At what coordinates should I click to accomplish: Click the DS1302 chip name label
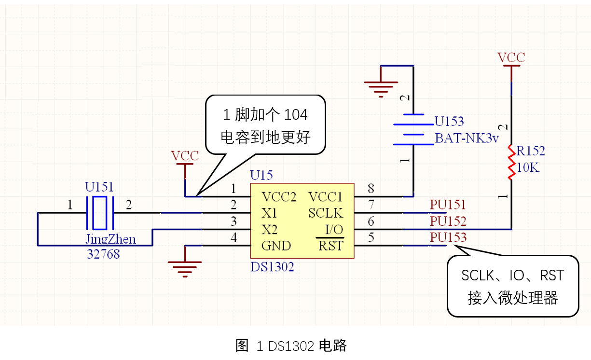[x=272, y=266]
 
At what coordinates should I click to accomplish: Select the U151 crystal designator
[x=100, y=187]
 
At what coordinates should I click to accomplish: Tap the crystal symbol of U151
[x=99, y=213]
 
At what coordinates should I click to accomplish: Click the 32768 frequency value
[x=103, y=253]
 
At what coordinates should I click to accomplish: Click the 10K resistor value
[x=528, y=168]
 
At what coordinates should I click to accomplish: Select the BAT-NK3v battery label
[x=467, y=138]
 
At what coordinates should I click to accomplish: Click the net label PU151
[x=448, y=205]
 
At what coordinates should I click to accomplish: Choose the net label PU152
[x=448, y=221]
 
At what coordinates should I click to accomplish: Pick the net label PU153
[x=448, y=237]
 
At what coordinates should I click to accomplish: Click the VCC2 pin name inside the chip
[x=278, y=197]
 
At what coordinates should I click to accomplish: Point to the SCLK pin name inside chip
[x=325, y=213]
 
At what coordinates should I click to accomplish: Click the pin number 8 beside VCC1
[x=371, y=188]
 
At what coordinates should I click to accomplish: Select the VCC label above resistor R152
[x=511, y=58]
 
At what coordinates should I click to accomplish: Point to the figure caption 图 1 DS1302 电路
[x=291, y=346]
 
